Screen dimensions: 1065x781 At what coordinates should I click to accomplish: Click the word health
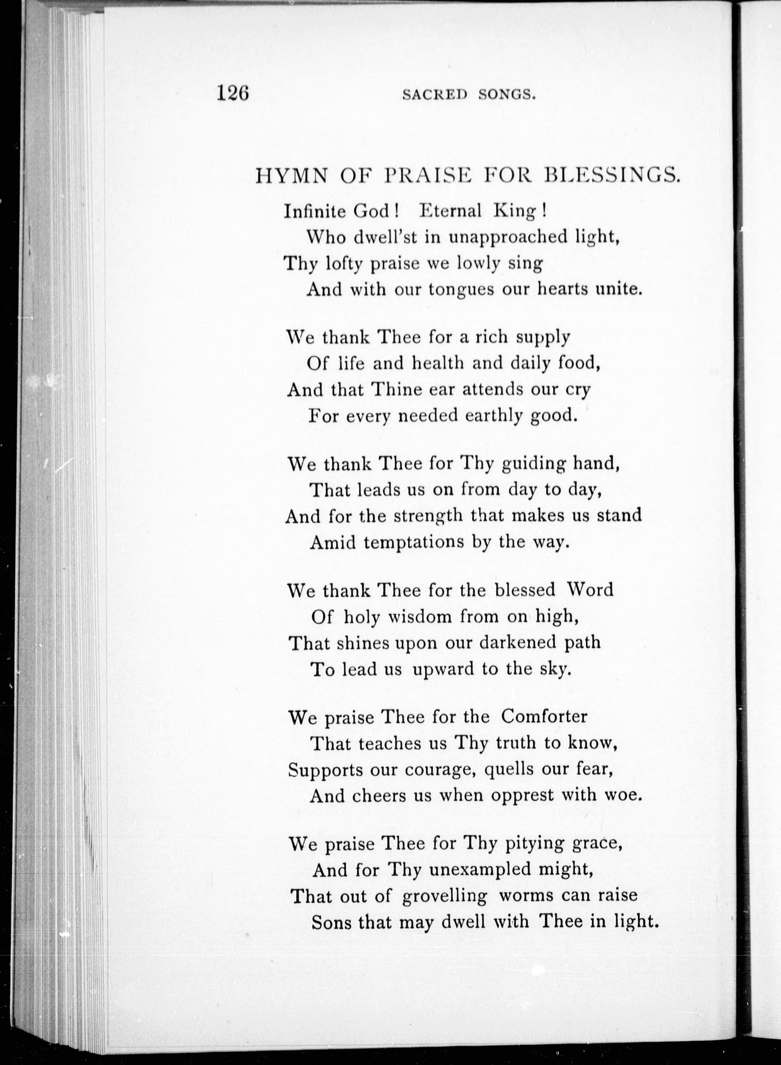coord(442,363)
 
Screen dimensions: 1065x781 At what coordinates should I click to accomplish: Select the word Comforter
coord(544,717)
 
